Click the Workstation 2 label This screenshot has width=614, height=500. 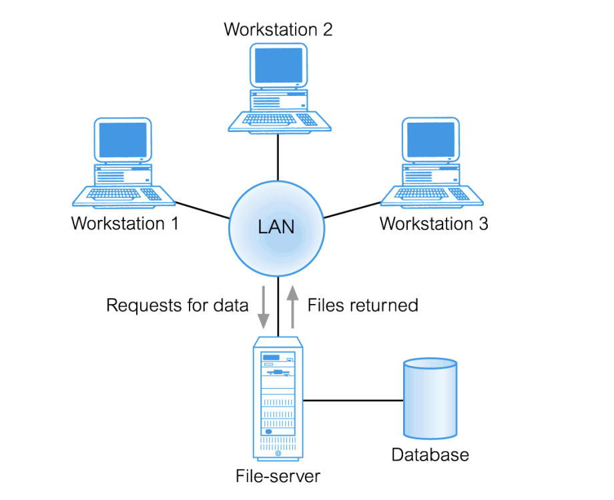click(278, 30)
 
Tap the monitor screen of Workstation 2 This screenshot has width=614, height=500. click(278, 66)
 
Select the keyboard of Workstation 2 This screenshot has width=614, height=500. click(270, 119)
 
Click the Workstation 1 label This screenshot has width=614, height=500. click(125, 223)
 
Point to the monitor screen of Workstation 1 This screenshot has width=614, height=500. click(123, 140)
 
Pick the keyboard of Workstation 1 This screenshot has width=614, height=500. click(116, 194)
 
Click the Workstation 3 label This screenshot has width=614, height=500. click(434, 223)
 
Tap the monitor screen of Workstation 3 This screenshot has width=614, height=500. click(430, 140)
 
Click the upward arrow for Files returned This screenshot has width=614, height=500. click(292, 305)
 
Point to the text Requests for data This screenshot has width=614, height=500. click(177, 305)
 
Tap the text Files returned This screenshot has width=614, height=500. click(362, 305)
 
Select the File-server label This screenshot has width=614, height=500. click(278, 477)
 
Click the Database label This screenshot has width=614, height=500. click(430, 455)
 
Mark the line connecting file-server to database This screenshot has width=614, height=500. click(354, 401)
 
